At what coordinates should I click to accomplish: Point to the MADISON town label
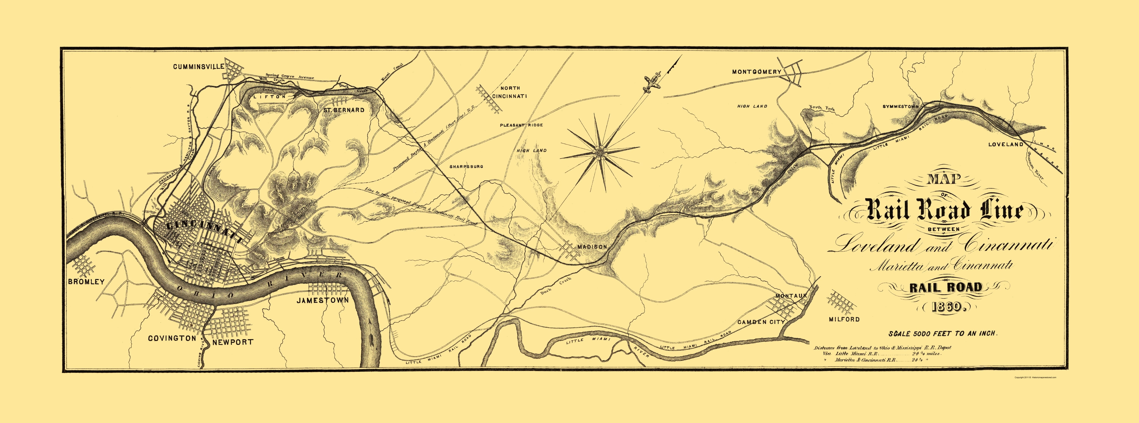tap(593, 247)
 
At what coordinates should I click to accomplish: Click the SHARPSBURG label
tap(466, 167)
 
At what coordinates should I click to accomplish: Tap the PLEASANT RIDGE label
tap(521, 125)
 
